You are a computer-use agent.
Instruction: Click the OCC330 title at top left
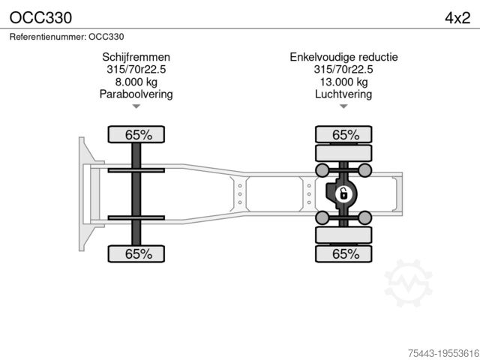40,18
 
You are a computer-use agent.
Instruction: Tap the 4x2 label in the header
457,18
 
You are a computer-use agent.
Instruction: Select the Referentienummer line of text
67,37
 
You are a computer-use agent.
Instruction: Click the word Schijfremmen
136,57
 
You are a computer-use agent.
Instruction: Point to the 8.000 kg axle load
136,82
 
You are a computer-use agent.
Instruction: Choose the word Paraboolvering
136,94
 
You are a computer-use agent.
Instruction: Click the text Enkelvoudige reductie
343,57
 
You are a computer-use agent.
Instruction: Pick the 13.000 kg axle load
343,82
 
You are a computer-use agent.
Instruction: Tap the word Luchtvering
343,94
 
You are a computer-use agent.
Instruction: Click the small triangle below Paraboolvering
136,106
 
